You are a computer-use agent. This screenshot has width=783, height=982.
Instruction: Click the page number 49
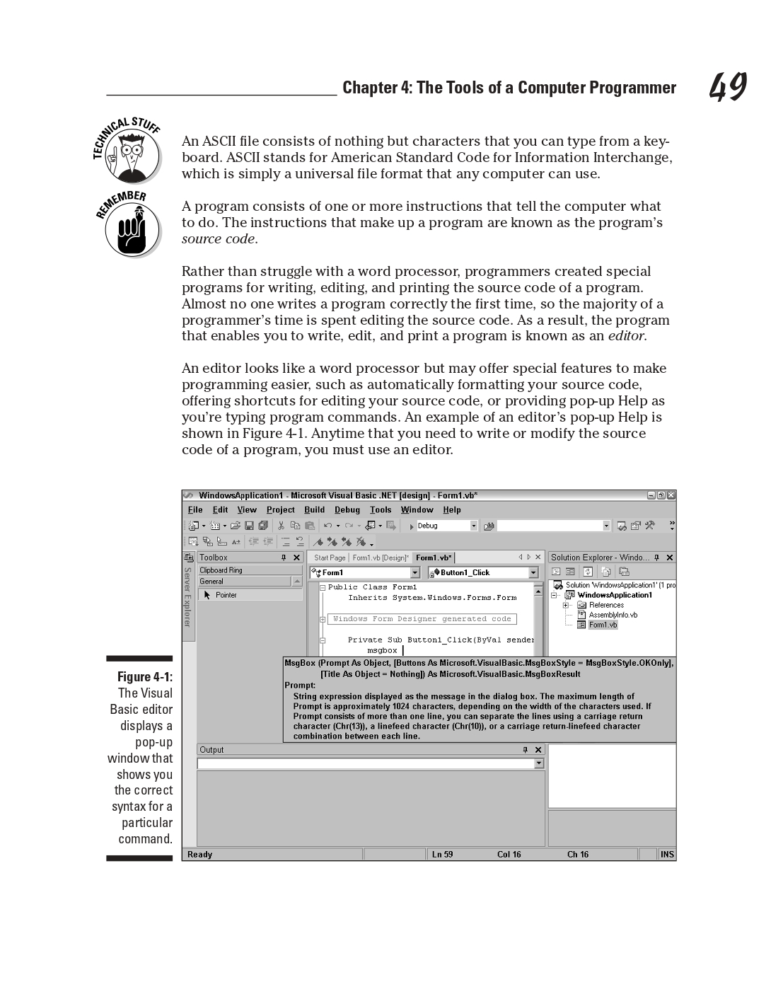point(728,88)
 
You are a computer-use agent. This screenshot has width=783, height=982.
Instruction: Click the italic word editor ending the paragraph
point(626,336)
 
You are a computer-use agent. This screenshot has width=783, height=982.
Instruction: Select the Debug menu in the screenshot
point(347,510)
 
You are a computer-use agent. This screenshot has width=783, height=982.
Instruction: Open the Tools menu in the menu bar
point(380,510)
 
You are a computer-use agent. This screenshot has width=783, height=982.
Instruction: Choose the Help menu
point(451,510)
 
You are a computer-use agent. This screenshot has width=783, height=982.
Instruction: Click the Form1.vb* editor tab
point(434,558)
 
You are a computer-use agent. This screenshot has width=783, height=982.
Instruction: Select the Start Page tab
point(330,558)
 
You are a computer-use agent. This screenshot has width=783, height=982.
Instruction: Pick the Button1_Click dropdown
point(484,573)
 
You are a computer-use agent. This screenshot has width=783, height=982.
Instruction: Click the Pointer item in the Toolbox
point(226,596)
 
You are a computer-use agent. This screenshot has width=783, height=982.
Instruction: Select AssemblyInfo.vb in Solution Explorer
point(613,615)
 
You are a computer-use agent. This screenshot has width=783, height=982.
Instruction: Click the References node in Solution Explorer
point(606,605)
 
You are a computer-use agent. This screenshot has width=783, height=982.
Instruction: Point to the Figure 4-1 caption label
point(144,677)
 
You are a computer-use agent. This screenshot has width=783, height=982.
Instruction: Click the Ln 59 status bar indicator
point(442,855)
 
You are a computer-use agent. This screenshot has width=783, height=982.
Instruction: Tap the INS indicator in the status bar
point(666,855)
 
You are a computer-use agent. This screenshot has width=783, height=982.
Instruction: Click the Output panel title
point(211,750)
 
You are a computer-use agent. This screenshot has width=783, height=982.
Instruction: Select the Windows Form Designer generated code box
point(422,619)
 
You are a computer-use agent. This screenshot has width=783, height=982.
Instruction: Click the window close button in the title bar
point(671,495)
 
